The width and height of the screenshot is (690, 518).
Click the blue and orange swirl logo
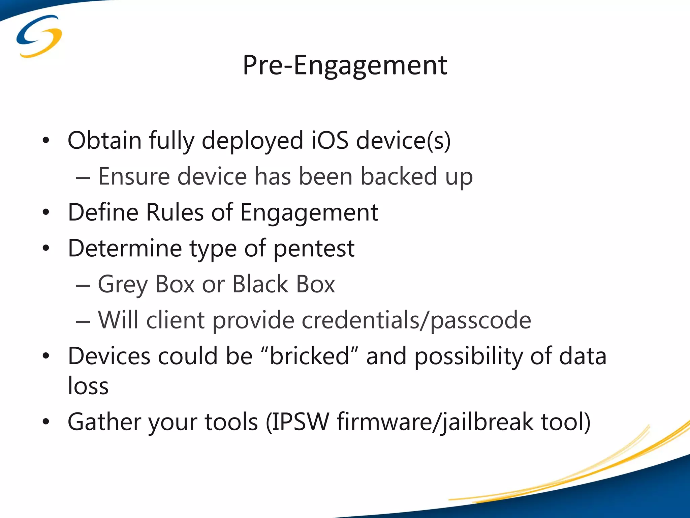coord(39,36)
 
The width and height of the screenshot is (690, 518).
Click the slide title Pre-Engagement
coord(345,65)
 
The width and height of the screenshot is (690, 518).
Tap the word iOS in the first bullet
coord(330,140)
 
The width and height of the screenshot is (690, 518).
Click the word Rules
coord(175,212)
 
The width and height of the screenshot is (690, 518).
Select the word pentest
coord(314,249)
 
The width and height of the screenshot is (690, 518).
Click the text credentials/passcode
coord(416,320)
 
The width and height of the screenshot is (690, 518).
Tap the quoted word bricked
coord(309,356)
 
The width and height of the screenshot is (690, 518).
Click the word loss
coord(88,385)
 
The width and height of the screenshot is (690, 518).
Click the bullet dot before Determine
coord(46,249)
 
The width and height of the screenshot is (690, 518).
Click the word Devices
coord(109,356)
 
